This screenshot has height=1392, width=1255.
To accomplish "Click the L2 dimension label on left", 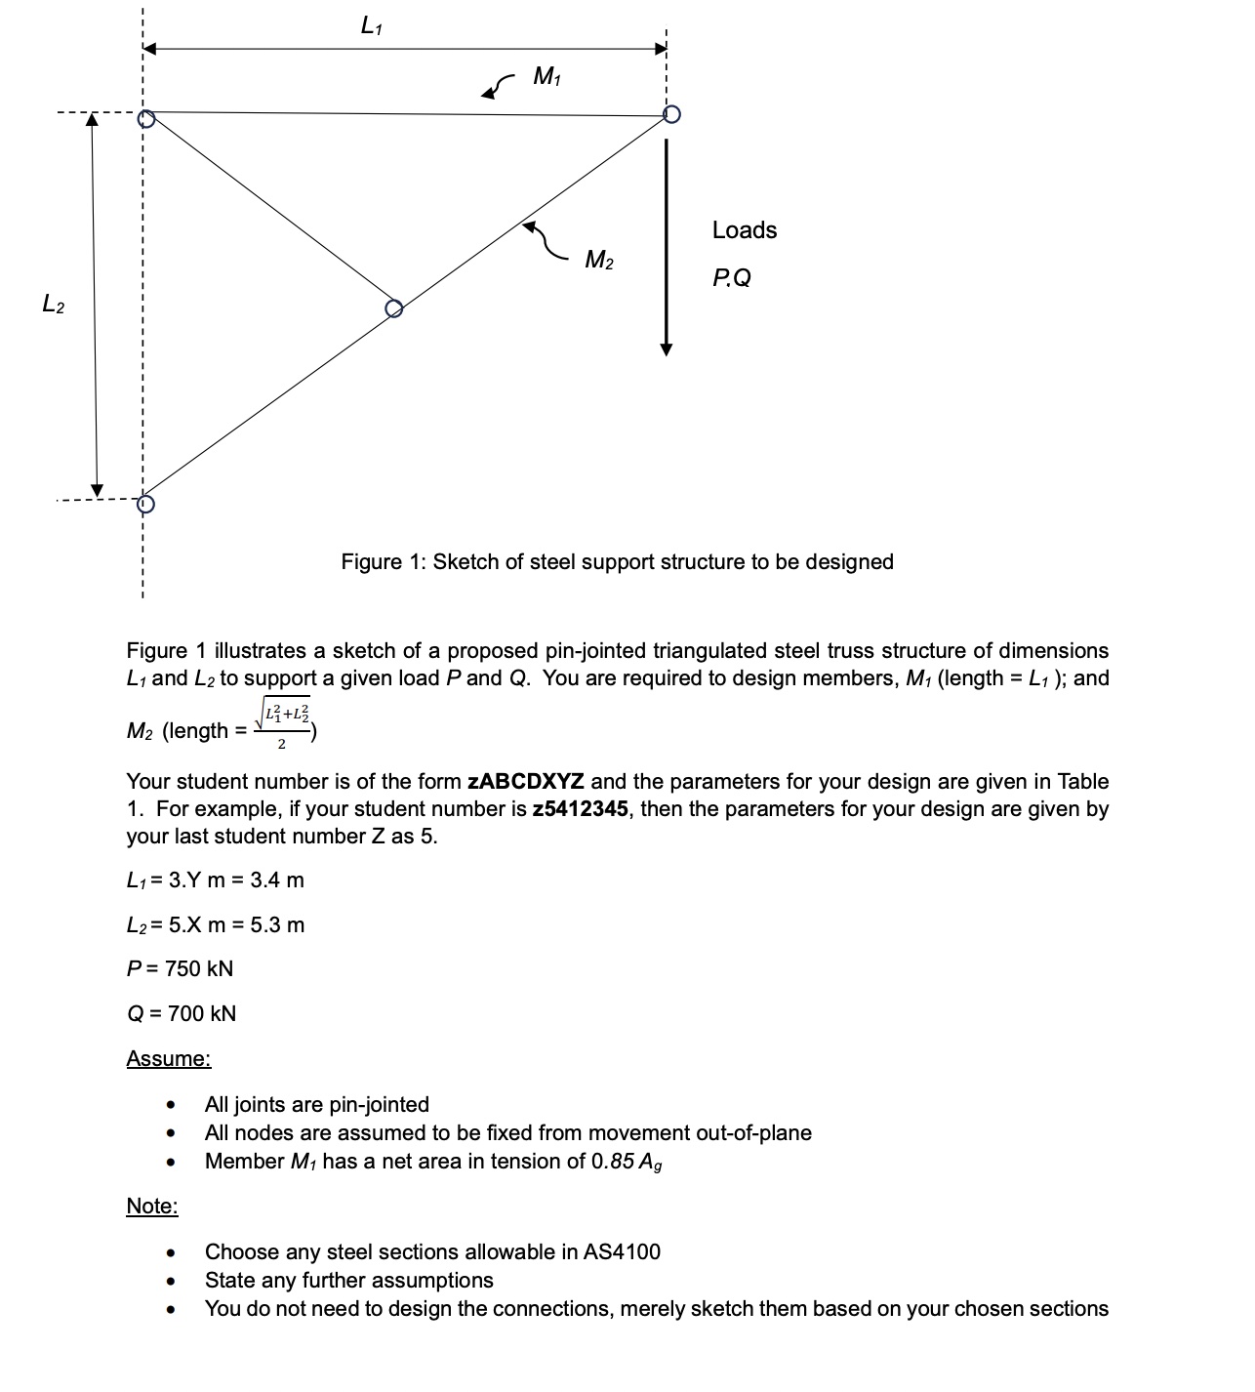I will tap(53, 305).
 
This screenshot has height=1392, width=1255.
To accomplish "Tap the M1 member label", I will tap(547, 76).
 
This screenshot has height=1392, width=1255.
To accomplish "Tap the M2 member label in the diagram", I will tap(599, 261).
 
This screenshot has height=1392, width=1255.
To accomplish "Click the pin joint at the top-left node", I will tap(146, 119).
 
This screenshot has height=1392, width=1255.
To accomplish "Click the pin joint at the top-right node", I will tap(670, 114).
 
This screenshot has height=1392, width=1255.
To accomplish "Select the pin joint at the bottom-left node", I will tap(145, 504).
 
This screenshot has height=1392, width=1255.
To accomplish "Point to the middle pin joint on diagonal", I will tap(393, 308).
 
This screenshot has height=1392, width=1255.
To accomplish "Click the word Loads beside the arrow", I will tap(745, 230).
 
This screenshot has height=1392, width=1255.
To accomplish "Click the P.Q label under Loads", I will tap(732, 278).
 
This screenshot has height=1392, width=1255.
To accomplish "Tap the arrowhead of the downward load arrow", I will tap(667, 348).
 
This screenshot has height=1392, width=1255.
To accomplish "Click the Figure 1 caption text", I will tap(617, 561).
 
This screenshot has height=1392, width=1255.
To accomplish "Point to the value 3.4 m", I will tap(277, 880).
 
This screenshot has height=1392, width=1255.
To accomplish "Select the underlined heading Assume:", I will tap(168, 1058).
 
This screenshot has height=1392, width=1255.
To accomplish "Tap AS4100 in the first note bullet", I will tap(622, 1251).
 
